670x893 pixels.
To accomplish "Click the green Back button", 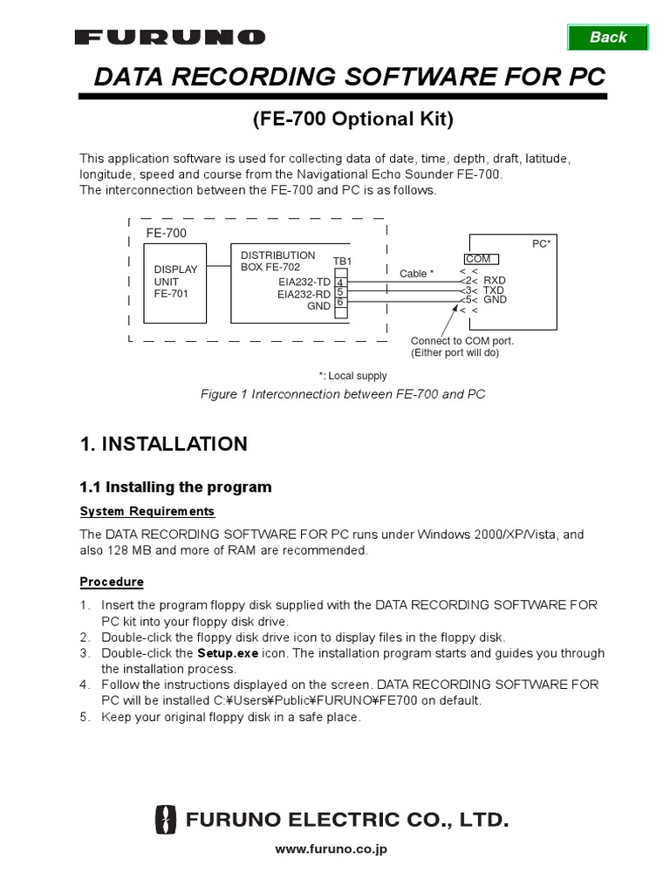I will (x=608, y=37).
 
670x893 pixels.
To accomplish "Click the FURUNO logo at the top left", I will (x=170, y=37).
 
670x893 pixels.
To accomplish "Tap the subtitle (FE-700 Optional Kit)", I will (x=352, y=119).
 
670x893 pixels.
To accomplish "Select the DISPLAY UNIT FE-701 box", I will (x=176, y=283).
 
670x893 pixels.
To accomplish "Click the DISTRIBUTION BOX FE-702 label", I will (x=278, y=261).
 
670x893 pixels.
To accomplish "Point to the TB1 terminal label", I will (x=342, y=262).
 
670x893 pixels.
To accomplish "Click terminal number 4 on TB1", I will (x=340, y=282).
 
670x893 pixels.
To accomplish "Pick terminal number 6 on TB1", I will (x=340, y=302).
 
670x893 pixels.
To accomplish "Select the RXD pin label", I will (x=495, y=280).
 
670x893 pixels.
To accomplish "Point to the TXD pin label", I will (x=494, y=290).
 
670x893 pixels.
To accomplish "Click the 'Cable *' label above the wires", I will (x=416, y=273).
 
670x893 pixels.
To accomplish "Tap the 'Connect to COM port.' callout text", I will (x=462, y=341).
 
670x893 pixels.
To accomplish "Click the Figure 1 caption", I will (x=342, y=394).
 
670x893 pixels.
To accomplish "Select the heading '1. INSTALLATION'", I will (x=163, y=444).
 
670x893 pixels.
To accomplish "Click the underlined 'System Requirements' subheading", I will (x=147, y=511).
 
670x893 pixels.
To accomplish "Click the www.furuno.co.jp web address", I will (x=331, y=849).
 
